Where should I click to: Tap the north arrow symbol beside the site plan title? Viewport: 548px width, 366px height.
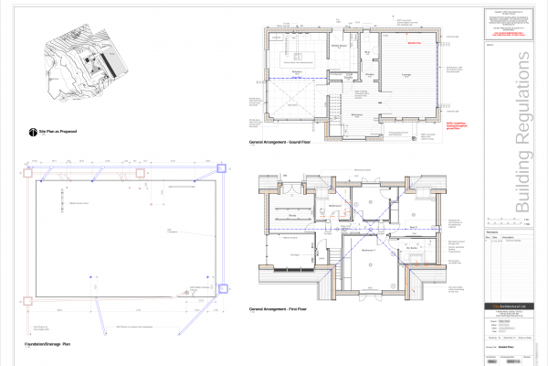click(32, 132)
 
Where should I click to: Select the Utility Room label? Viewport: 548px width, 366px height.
click(337, 45)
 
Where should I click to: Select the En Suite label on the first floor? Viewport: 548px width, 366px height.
click(411, 247)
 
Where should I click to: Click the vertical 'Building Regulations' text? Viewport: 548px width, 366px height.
click(522, 137)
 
